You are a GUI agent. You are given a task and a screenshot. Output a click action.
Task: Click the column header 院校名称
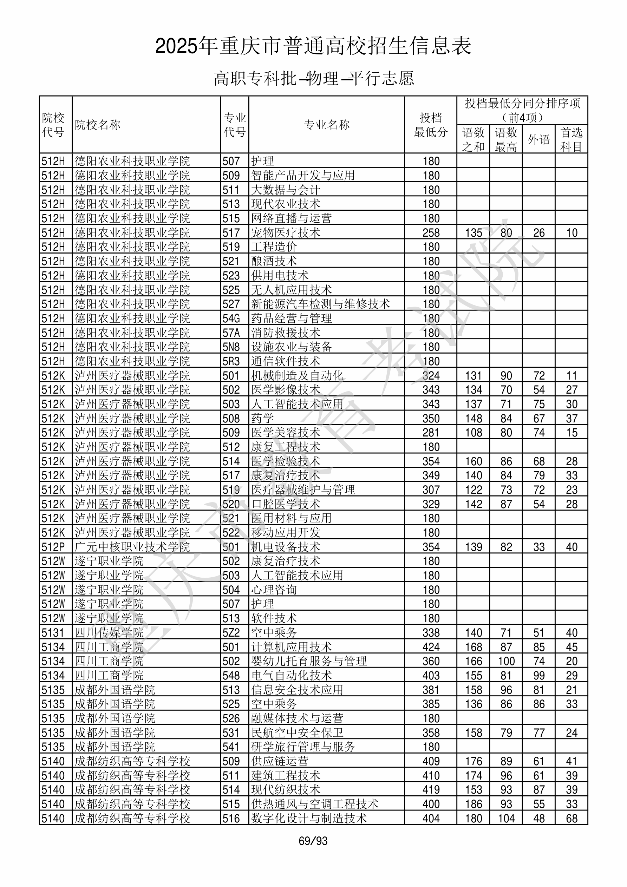pos(97,125)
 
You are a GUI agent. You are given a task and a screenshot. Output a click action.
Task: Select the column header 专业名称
pos(327,125)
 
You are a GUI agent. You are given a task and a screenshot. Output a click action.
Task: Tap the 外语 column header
pos(538,139)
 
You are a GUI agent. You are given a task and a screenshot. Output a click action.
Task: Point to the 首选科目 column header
pos(572,139)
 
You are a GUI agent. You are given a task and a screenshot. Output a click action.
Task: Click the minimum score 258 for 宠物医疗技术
pos(431,232)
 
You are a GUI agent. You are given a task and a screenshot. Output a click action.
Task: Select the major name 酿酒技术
pos(274,261)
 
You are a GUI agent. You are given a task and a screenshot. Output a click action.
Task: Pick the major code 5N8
pos(231,347)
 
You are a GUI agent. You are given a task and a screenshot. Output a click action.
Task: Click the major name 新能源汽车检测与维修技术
pos(320,304)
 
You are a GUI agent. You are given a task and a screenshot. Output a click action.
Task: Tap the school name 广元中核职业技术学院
pos(132,547)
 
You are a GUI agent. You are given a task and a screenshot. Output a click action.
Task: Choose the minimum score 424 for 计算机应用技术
pos(431,647)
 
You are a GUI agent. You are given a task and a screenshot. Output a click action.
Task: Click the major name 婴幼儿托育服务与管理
pos(309,661)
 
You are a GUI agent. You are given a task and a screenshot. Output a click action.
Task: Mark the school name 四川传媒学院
pos(109,633)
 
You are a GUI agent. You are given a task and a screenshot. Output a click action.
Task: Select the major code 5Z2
pos(231,633)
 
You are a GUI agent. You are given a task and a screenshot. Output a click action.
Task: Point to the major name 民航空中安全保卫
pos(297,733)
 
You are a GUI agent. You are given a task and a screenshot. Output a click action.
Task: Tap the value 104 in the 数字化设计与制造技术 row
pos(506,819)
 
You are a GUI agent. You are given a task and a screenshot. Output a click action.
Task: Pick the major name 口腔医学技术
pos(286,504)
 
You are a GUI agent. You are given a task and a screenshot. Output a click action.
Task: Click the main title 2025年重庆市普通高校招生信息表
pos(313,46)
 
